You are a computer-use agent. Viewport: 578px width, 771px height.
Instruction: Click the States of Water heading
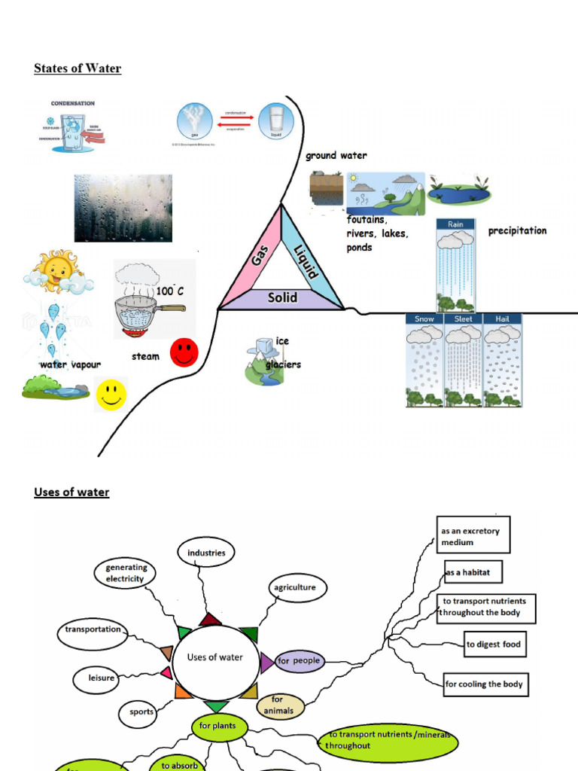78,69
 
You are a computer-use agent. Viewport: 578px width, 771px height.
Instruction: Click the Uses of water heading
71,492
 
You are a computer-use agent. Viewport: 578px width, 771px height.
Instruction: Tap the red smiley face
184,352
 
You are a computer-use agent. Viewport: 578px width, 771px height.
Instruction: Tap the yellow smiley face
111,394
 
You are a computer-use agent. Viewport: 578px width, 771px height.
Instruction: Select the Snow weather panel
424,361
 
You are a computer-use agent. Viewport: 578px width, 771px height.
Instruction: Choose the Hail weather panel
502,361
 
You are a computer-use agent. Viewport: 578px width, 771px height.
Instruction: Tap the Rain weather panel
456,266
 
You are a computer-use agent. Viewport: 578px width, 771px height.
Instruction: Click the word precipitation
517,231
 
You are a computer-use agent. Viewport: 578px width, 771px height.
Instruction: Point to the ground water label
336,156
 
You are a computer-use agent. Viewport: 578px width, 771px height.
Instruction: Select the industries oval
206,553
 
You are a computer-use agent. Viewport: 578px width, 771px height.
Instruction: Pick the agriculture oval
294,587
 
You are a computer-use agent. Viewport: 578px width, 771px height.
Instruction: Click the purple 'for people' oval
299,661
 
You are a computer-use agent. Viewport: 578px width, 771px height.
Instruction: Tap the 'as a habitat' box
472,573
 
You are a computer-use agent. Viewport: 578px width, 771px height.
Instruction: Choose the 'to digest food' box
494,645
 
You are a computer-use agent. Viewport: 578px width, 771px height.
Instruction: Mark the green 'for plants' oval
218,727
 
